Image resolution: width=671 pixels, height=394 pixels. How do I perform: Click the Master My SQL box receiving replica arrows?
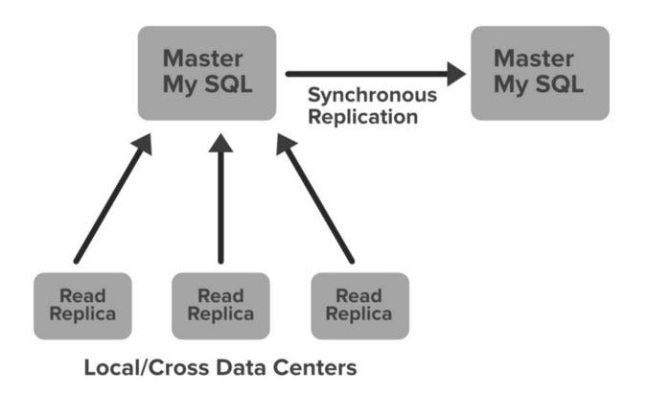point(207,72)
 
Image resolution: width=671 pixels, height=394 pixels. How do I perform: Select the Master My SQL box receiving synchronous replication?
point(540,72)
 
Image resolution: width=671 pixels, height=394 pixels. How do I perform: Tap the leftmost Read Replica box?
point(82,305)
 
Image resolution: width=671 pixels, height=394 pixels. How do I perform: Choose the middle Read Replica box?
point(220,305)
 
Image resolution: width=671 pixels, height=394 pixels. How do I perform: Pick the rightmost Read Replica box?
point(359,305)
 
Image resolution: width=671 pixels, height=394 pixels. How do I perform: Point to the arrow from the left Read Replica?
point(111,200)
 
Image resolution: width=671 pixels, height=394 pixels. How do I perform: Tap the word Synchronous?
point(372,96)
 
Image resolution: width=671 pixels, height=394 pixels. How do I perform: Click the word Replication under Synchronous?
point(362,117)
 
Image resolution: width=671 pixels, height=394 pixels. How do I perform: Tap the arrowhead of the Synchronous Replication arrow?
point(453,73)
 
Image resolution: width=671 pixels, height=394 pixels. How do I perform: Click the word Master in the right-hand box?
point(540,58)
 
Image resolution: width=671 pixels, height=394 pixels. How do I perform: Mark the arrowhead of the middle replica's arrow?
point(220,144)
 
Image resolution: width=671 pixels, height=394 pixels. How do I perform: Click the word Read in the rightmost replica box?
point(359,295)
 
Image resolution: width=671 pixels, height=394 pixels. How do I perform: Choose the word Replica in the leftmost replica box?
point(82,314)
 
